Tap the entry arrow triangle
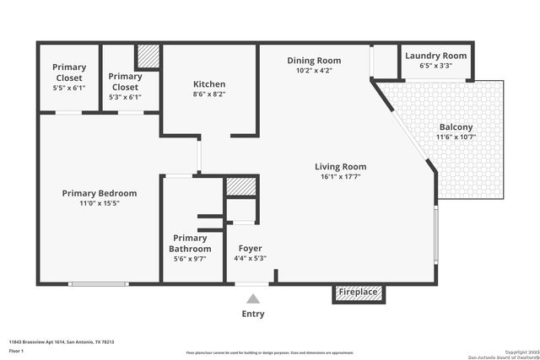252,298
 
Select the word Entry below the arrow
252,314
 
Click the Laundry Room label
435,56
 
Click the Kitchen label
209,84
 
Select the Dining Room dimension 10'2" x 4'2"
314,72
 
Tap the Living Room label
341,167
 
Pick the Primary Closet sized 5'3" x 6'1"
125,87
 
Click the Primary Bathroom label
190,244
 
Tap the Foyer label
250,249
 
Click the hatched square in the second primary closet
148,56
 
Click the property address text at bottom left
62,341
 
